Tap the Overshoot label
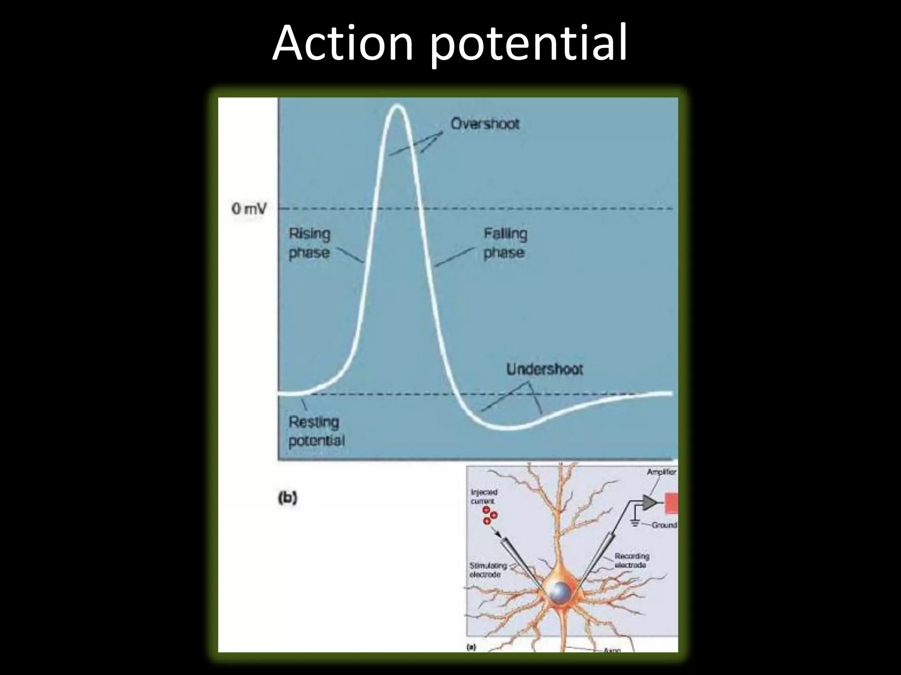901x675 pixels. (x=485, y=124)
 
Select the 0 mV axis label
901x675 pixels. (x=249, y=209)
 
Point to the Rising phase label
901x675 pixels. (x=309, y=243)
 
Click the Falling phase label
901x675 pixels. (x=505, y=243)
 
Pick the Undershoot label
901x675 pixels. (x=545, y=369)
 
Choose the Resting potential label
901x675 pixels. (x=316, y=431)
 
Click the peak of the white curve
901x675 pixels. (x=398, y=106)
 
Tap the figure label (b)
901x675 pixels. (x=288, y=499)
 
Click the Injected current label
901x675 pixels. (x=483, y=497)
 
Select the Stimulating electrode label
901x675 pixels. (x=487, y=570)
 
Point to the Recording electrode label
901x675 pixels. (x=631, y=560)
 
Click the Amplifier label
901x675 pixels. (x=661, y=472)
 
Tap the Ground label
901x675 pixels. (x=664, y=525)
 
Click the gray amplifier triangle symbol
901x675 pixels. (x=648, y=502)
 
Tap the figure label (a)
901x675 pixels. (x=471, y=647)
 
